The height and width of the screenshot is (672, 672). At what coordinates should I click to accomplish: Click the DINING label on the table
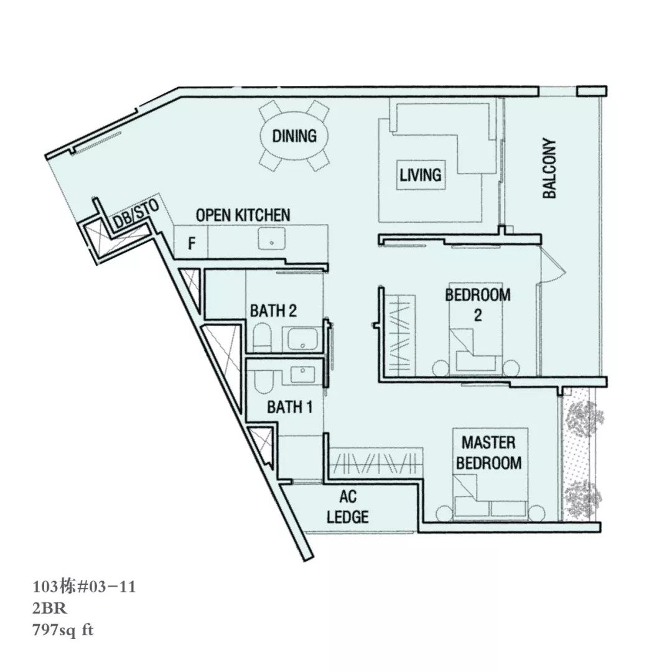(x=294, y=136)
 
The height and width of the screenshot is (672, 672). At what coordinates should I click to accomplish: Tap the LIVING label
(x=421, y=175)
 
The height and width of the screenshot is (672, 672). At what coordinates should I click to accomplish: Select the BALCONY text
(x=549, y=168)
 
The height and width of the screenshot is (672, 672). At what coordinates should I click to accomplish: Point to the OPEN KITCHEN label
(x=243, y=215)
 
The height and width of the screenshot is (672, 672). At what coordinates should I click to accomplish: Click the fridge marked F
(x=191, y=242)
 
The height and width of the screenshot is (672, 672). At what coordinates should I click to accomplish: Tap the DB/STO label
(x=136, y=214)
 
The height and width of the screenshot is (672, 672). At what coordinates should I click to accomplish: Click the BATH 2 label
(x=273, y=310)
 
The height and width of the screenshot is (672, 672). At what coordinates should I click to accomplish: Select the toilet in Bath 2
(x=262, y=338)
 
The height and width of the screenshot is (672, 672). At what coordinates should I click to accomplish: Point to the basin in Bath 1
(x=303, y=374)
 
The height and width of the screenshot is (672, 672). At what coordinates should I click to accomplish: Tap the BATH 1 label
(x=290, y=407)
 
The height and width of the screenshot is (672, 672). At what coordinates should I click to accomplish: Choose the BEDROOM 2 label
(x=478, y=305)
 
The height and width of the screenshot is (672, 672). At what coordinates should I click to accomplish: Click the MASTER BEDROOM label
(x=488, y=452)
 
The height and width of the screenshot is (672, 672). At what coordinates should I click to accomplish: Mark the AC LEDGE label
(x=348, y=506)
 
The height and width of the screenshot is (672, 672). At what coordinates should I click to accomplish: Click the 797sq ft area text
(x=63, y=630)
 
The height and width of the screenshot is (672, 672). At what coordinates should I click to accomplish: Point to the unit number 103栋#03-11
(x=85, y=587)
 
